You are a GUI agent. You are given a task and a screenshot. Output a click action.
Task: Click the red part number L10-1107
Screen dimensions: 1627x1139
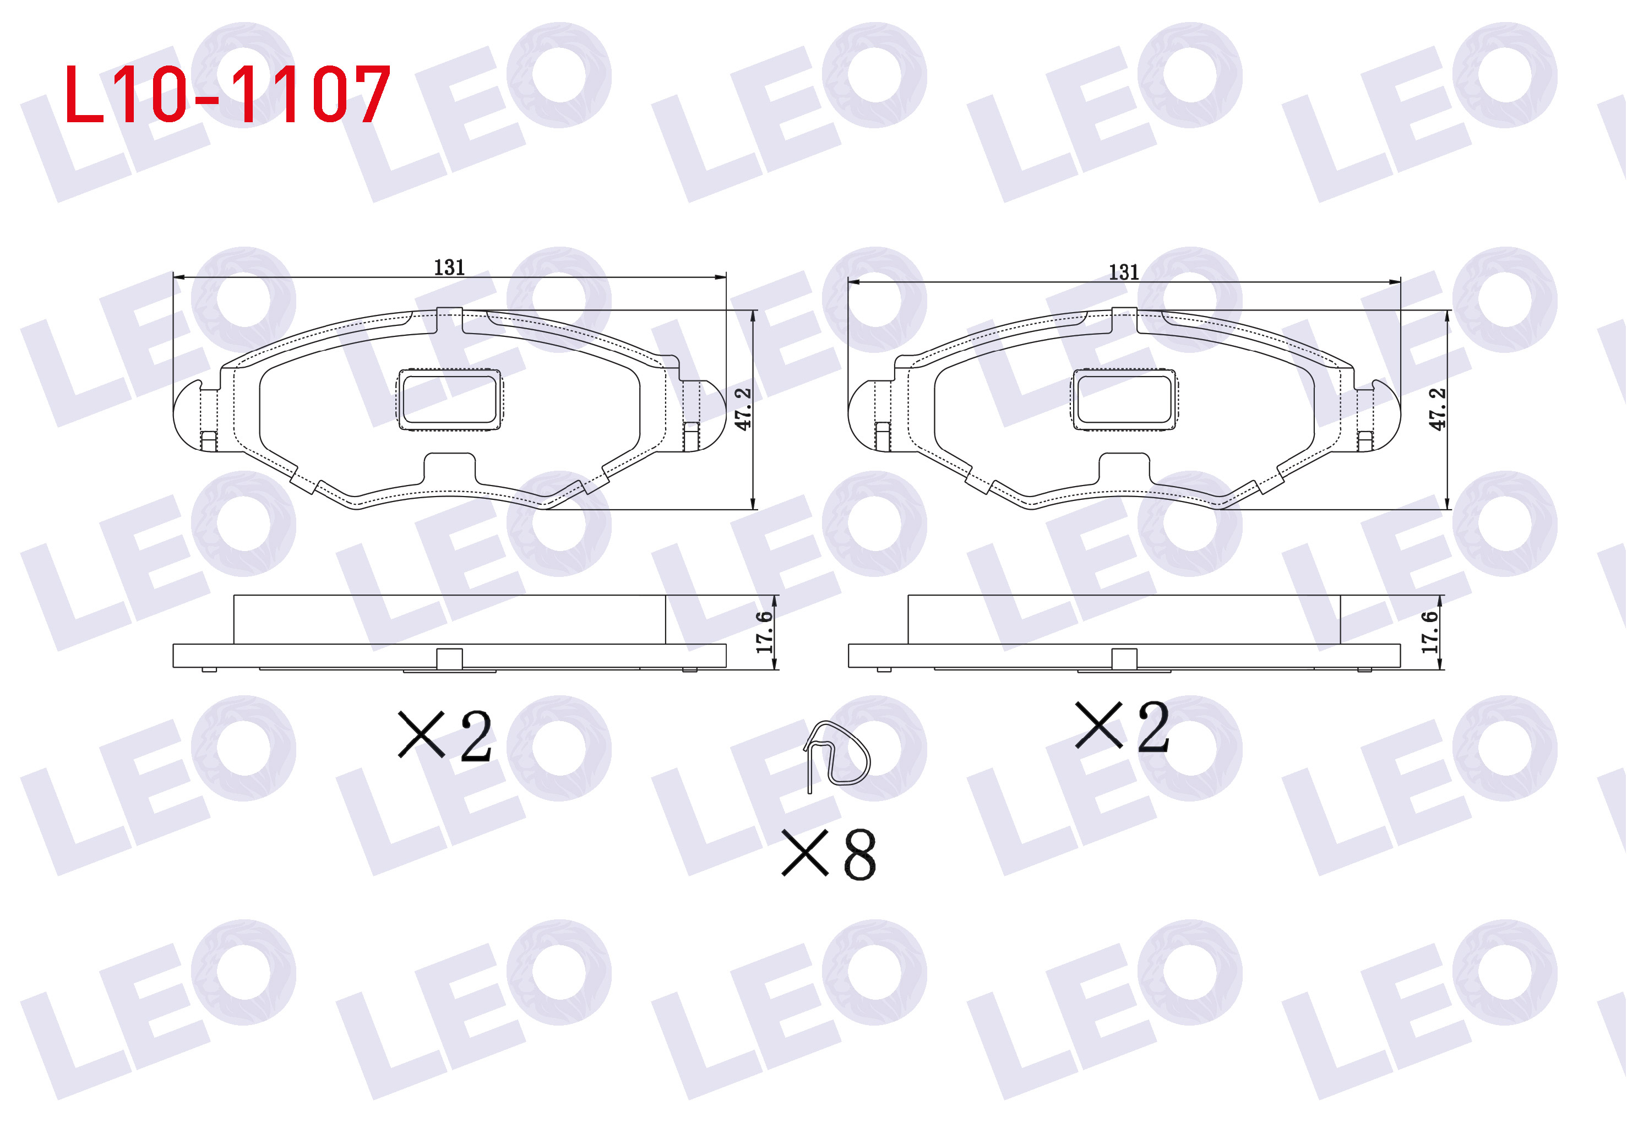pos(227,94)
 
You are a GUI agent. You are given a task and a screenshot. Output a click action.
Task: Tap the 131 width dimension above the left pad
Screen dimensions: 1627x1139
pos(449,268)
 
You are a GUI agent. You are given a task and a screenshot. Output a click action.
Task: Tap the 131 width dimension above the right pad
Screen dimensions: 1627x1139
pos(1124,272)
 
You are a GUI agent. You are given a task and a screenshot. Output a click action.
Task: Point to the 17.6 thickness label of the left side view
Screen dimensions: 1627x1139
pos(764,633)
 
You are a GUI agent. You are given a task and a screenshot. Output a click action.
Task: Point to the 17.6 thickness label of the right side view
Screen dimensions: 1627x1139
pos(1430,633)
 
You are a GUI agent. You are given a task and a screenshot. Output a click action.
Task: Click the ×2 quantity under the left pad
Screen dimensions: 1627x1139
pos(445,737)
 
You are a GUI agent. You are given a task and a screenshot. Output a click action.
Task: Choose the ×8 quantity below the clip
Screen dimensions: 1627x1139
pos(829,854)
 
